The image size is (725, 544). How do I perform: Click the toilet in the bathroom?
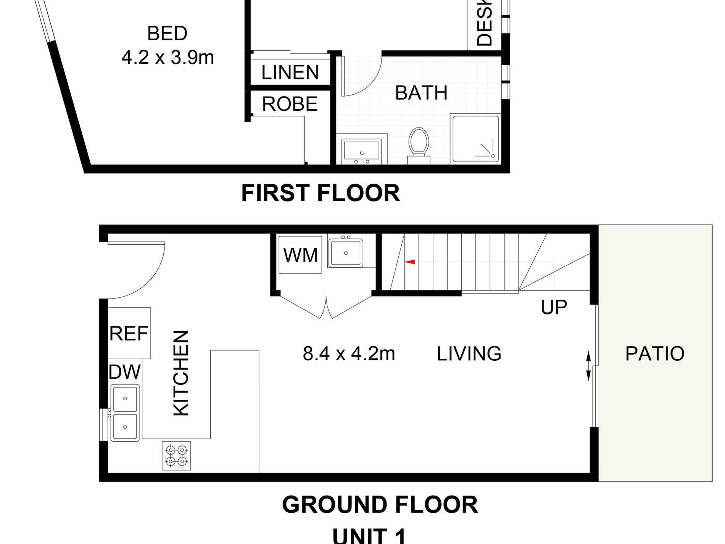pos(419,143)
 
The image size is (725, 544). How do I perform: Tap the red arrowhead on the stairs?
pos(410,262)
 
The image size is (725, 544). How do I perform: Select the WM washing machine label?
pos(301,255)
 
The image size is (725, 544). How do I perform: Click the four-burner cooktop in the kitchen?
pos(176,456)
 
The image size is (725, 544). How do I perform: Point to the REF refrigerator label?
pos(129,334)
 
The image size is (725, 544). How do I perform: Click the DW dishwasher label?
pos(124,372)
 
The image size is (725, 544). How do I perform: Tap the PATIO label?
pos(655,354)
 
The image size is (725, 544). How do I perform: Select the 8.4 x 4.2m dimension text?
pos(349,354)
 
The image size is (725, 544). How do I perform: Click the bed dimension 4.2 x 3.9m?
pos(168,58)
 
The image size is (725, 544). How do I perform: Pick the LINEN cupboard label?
pos(290,72)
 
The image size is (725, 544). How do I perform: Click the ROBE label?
pos(290,104)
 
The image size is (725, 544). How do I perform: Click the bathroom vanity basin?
pos(362,149)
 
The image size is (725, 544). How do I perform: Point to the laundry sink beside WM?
pos(346,252)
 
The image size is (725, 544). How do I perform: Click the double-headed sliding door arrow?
pos(588,366)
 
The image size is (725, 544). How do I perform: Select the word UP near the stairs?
pos(554,307)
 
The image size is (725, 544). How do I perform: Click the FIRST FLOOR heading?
pos(321,193)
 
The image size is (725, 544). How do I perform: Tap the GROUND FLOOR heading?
pos(380,505)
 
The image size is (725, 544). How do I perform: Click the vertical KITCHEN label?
pos(181,373)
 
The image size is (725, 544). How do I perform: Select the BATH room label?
pos(421,93)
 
